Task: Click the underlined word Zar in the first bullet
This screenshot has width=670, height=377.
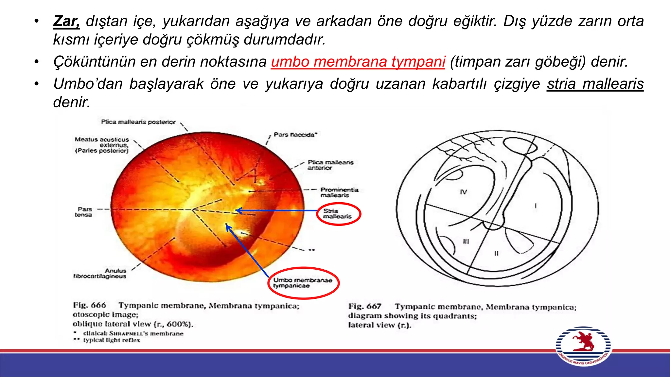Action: [x=66, y=22]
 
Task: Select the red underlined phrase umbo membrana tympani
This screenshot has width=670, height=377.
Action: [x=358, y=62]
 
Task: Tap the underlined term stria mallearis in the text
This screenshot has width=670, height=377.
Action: [x=595, y=84]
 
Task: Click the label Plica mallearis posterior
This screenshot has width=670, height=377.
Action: [x=138, y=122]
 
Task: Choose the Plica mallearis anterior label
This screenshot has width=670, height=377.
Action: [x=330, y=165]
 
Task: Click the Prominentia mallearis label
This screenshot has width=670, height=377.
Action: [x=339, y=192]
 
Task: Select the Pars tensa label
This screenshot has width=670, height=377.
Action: [x=84, y=212]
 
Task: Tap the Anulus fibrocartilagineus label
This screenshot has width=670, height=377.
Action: [x=100, y=273]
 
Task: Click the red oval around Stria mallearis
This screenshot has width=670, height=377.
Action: [x=339, y=214]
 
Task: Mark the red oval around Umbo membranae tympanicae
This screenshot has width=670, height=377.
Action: [x=303, y=283]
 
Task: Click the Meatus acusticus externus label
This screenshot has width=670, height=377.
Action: [x=102, y=145]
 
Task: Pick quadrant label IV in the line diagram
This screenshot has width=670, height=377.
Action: [x=464, y=192]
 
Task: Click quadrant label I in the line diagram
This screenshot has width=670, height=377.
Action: [x=536, y=206]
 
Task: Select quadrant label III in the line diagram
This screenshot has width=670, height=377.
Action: [x=466, y=241]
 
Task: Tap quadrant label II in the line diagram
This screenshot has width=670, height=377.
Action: [x=496, y=253]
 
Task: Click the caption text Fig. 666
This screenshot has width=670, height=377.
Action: [x=89, y=305]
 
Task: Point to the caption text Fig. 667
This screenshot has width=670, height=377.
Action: [x=365, y=307]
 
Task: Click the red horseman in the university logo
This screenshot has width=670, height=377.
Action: [x=583, y=341]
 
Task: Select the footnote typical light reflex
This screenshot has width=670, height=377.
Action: [x=111, y=340]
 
